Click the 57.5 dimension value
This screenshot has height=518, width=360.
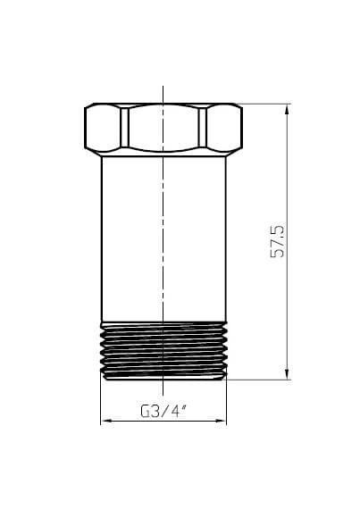(277, 241)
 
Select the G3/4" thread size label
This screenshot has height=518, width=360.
(163, 412)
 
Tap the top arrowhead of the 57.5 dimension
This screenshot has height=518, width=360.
(287, 109)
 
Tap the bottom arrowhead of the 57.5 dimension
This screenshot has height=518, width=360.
(287, 373)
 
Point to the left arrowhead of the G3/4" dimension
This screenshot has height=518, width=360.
(105, 421)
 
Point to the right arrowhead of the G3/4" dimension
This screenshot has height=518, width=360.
(222, 421)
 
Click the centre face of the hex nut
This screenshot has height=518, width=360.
(163, 129)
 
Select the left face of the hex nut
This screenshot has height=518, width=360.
(103, 129)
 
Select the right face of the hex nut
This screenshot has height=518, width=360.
(224, 129)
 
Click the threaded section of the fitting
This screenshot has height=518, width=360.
(163, 350)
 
